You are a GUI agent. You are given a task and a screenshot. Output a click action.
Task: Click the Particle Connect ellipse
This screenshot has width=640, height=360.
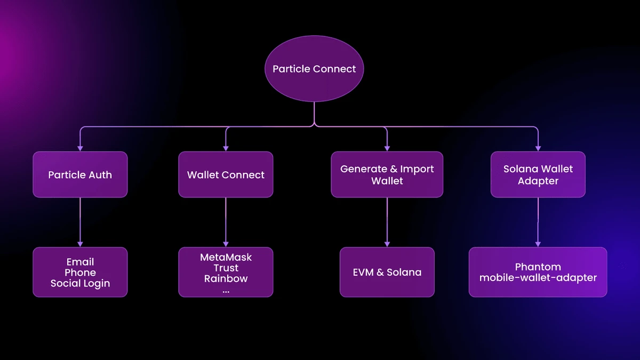point(314,69)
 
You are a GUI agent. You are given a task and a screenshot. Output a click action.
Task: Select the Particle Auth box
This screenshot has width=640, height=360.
point(80,174)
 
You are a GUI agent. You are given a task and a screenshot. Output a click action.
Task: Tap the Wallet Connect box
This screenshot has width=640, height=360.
point(226,174)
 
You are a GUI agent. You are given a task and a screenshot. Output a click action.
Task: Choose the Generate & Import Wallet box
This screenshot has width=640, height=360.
point(387,174)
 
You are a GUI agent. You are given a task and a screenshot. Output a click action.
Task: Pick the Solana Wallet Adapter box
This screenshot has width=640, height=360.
point(538,174)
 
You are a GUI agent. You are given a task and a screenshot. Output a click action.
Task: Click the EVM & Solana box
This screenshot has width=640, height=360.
point(387,272)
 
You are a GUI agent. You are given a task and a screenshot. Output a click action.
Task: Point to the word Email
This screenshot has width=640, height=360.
point(80,262)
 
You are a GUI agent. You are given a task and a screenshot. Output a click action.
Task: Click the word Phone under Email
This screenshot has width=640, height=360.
point(80,273)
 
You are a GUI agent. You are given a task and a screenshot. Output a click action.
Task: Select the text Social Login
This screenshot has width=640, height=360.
point(80,283)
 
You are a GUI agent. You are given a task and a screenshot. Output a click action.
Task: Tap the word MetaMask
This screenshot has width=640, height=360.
point(226,257)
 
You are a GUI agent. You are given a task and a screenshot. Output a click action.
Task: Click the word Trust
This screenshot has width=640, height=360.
point(226,268)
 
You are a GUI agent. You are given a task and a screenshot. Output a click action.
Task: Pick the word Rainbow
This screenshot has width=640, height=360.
point(226,278)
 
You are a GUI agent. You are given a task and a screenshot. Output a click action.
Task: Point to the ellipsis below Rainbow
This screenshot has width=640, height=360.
point(226,291)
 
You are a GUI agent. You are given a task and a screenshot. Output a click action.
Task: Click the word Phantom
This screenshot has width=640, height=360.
point(538,267)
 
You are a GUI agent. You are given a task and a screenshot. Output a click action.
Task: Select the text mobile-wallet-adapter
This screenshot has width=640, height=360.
point(538,277)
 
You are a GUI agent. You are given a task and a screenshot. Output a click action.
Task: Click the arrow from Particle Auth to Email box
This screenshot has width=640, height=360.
point(80,221)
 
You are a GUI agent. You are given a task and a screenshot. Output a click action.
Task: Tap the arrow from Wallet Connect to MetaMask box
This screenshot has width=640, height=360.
point(226,221)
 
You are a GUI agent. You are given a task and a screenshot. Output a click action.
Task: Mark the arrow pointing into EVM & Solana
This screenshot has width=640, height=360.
point(387,221)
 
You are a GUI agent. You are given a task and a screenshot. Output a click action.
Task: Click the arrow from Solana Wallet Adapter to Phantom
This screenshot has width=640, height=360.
point(538,221)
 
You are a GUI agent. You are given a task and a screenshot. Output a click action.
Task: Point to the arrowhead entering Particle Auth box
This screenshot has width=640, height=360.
point(80,148)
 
